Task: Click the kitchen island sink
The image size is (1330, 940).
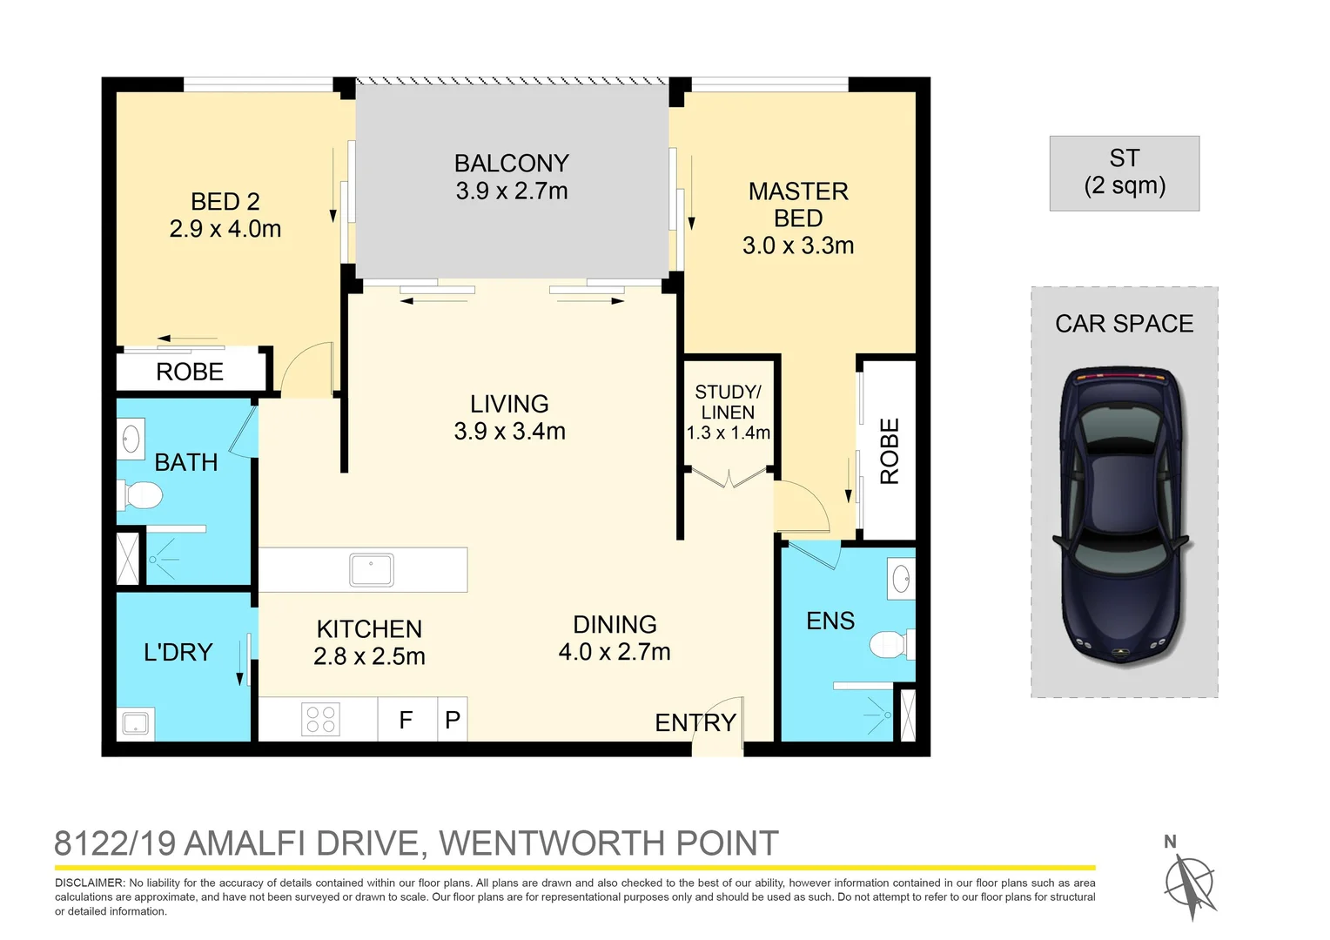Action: click(x=372, y=570)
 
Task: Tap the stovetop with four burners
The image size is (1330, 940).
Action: click(x=320, y=720)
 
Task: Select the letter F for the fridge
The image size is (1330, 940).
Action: click(x=406, y=721)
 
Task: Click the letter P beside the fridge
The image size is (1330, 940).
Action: click(x=453, y=721)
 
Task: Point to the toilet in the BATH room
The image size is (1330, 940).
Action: click(x=141, y=496)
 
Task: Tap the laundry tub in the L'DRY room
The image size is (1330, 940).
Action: click(x=136, y=723)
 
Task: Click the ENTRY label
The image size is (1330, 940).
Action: click(x=695, y=723)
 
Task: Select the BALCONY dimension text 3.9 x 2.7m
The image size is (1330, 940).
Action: click(x=512, y=191)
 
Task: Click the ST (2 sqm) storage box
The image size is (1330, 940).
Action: click(x=1124, y=172)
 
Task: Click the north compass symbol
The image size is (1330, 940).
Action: click(x=1189, y=883)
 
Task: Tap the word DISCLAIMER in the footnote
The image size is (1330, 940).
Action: click(x=90, y=883)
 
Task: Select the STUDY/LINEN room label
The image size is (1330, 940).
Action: click(x=728, y=402)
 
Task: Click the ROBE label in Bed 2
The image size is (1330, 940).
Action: click(x=190, y=373)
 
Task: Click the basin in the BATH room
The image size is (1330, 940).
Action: click(x=131, y=439)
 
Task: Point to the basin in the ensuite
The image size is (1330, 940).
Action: click(x=902, y=579)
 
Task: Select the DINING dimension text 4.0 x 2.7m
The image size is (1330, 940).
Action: click(x=615, y=652)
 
